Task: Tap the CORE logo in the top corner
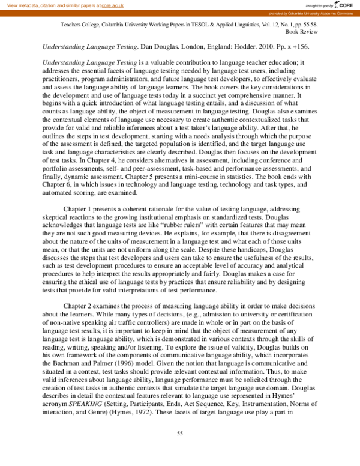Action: [x=343, y=4]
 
